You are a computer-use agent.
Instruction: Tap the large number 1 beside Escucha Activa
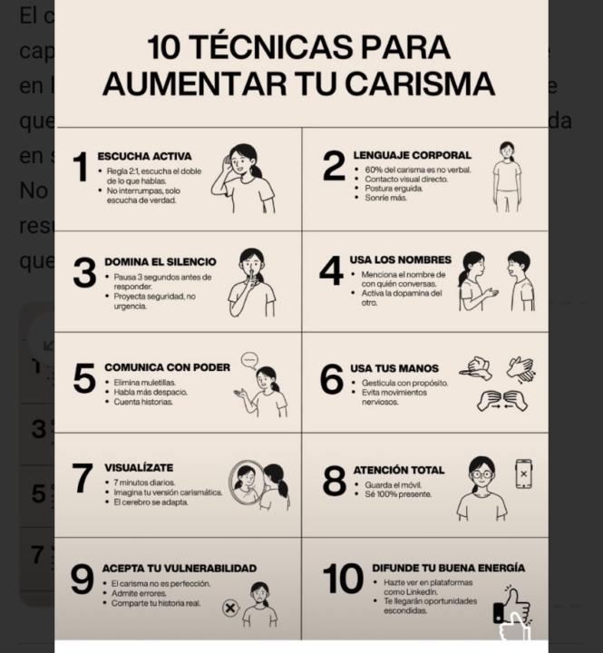click(80, 168)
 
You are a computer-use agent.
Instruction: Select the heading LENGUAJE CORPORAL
click(411, 155)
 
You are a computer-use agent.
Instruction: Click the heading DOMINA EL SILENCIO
click(160, 261)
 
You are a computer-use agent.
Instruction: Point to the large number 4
click(332, 270)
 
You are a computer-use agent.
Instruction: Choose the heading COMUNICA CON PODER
click(166, 367)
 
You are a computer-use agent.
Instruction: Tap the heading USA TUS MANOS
click(394, 368)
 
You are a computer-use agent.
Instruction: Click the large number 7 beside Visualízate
click(83, 479)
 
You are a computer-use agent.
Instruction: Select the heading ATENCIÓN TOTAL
click(398, 470)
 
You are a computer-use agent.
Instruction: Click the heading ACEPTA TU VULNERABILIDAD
click(180, 568)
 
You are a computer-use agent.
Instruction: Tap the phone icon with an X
click(523, 473)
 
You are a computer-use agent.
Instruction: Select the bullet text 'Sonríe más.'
click(386, 198)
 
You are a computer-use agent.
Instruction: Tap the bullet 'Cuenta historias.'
click(142, 402)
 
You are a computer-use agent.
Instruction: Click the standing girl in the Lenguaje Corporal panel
click(506, 177)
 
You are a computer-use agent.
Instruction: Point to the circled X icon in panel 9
click(230, 608)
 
